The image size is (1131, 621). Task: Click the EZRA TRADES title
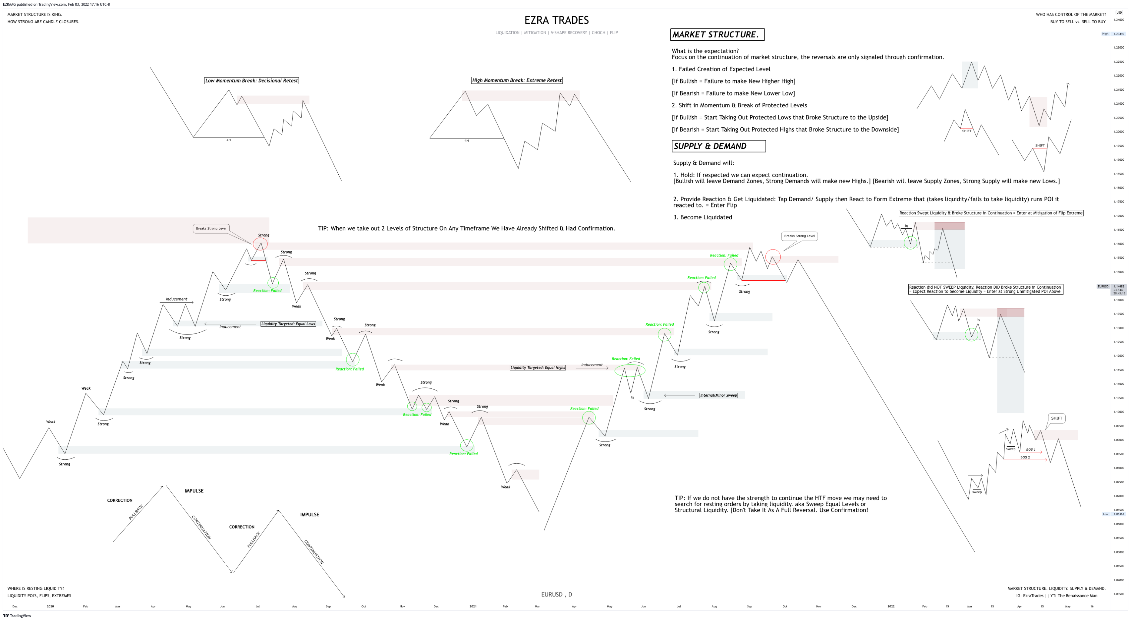click(556, 20)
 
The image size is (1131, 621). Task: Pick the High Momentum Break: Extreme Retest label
click(517, 80)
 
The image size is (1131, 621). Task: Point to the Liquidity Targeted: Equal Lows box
click(288, 324)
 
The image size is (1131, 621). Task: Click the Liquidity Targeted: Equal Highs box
click(537, 368)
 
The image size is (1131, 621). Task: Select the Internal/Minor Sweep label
click(718, 395)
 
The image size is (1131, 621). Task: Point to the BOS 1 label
click(1030, 450)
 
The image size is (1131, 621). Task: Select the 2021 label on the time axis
click(473, 606)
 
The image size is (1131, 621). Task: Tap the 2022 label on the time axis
click(891, 606)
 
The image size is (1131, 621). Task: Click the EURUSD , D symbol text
click(556, 595)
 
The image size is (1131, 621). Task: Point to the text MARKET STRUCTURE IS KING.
click(35, 15)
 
